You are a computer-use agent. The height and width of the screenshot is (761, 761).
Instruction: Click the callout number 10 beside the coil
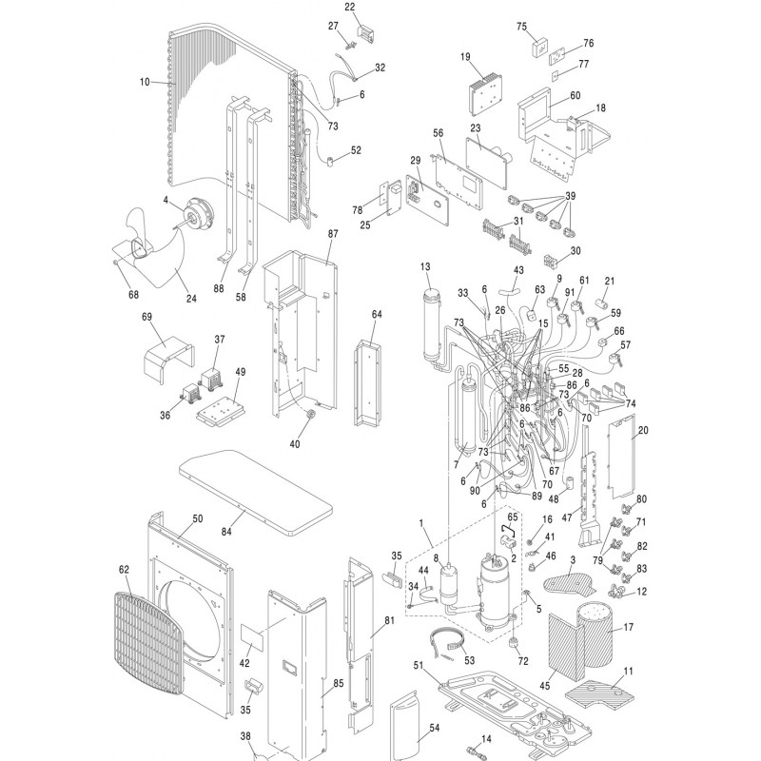pyautogui.click(x=146, y=83)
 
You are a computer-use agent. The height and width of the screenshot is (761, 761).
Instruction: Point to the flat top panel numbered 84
pyautogui.click(x=256, y=487)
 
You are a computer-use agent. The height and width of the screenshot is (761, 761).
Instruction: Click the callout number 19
pyautogui.click(x=466, y=57)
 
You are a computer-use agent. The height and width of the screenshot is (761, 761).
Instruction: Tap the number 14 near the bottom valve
pyautogui.click(x=486, y=739)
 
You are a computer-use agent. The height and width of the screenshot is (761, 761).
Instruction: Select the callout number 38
pyautogui.click(x=245, y=737)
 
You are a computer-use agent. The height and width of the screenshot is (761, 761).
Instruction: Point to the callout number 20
pyautogui.click(x=643, y=431)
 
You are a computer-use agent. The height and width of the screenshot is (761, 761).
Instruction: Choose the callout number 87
pyautogui.click(x=333, y=234)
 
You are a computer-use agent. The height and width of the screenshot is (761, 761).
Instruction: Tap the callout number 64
pyautogui.click(x=377, y=313)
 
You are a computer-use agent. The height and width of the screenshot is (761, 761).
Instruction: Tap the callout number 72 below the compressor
pyautogui.click(x=522, y=659)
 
